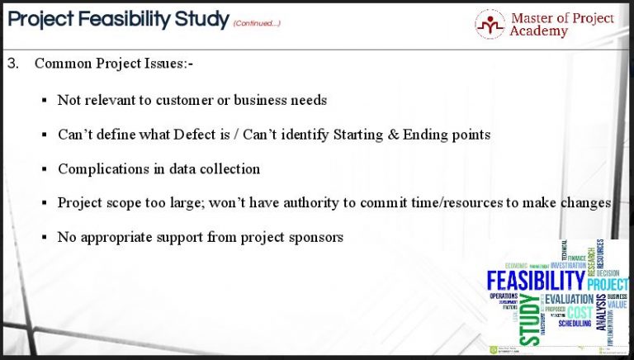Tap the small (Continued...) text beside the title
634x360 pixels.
257,23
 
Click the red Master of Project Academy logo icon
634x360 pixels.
490,24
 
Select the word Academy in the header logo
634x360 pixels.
539,31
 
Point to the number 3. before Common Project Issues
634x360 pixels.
12,64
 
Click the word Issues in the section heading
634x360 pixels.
171,64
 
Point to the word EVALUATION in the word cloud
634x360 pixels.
570,299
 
